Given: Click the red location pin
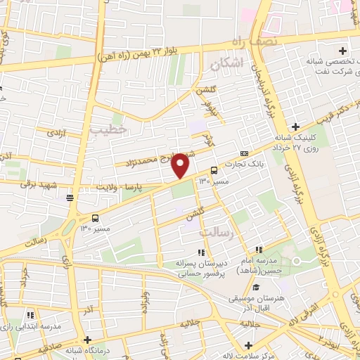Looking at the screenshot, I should click(181, 165).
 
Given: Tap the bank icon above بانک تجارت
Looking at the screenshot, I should click(244, 153).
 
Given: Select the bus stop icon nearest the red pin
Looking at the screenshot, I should click(214, 169).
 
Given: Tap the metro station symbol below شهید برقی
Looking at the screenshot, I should click(70, 198).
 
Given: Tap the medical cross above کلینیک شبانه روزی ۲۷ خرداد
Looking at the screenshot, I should click(295, 127).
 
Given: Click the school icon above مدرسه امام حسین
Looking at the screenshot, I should click(259, 249).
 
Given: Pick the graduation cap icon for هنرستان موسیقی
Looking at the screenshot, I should click(256, 287).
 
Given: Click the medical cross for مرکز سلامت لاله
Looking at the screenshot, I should click(248, 345).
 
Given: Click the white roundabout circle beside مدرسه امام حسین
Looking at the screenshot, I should click(296, 262).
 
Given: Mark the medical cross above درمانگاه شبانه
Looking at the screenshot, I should click(86, 340).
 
